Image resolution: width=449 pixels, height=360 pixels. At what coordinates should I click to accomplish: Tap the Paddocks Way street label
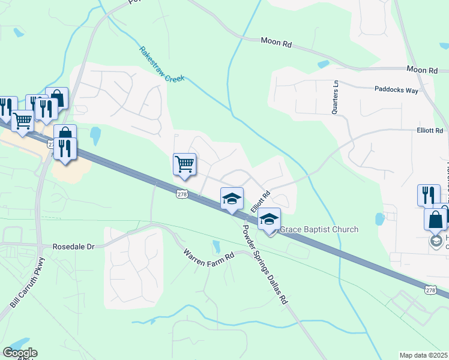(396, 90)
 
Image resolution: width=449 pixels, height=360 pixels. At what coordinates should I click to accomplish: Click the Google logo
(20, 353)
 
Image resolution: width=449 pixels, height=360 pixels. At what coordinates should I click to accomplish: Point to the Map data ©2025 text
(424, 355)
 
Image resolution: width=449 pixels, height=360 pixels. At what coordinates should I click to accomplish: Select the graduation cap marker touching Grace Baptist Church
(270, 220)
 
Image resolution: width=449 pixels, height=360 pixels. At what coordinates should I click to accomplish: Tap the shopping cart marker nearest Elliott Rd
(185, 164)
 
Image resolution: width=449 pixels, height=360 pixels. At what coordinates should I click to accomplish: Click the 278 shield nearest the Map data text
(430, 290)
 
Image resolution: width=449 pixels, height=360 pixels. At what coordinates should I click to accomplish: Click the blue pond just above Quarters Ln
(324, 64)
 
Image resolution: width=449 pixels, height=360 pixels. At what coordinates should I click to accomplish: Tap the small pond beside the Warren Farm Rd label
(216, 245)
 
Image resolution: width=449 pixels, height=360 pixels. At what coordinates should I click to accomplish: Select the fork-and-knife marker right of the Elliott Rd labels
(429, 194)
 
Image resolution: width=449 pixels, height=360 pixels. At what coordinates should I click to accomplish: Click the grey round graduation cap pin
(436, 241)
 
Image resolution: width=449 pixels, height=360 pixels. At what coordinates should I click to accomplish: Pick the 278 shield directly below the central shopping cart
(182, 194)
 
